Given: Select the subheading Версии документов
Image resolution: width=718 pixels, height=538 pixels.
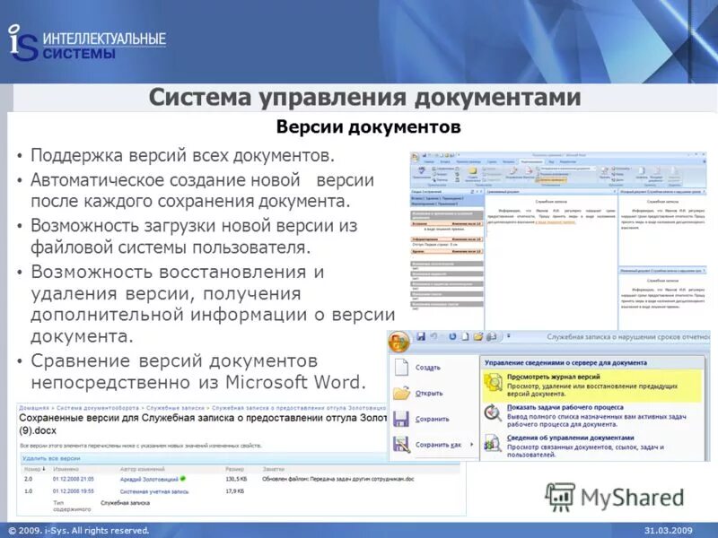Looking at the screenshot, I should [x=369, y=127].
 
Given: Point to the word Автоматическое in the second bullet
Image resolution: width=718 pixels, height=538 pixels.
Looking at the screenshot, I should [x=108, y=180].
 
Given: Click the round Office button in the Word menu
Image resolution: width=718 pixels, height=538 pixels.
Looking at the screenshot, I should [x=400, y=341].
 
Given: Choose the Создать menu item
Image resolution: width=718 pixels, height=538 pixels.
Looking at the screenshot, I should [x=428, y=368].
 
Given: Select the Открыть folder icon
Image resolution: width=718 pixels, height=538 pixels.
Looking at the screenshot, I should [x=401, y=393].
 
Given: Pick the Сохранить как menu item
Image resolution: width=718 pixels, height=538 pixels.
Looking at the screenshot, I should [x=439, y=445].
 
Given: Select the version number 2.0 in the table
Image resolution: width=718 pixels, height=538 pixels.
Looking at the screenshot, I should [x=28, y=479].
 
